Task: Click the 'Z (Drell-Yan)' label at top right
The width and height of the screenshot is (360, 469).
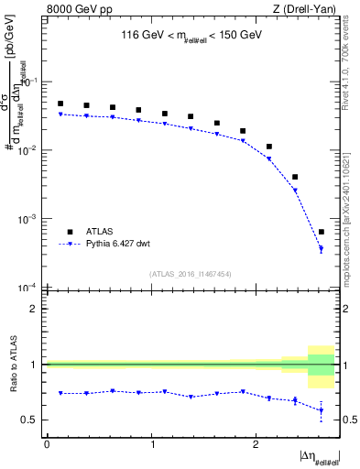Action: (306, 10)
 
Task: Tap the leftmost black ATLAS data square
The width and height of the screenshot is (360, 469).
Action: (60, 104)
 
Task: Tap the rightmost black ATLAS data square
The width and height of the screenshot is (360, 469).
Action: (321, 232)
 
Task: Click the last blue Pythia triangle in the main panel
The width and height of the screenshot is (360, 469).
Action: (321, 249)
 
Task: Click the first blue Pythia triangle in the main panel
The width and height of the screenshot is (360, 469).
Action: (60, 115)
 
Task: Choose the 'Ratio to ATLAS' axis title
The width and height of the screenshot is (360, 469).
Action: (12, 365)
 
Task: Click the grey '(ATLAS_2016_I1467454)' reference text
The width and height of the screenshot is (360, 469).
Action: (189, 274)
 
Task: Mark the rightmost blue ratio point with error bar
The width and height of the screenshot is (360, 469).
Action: (321, 409)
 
